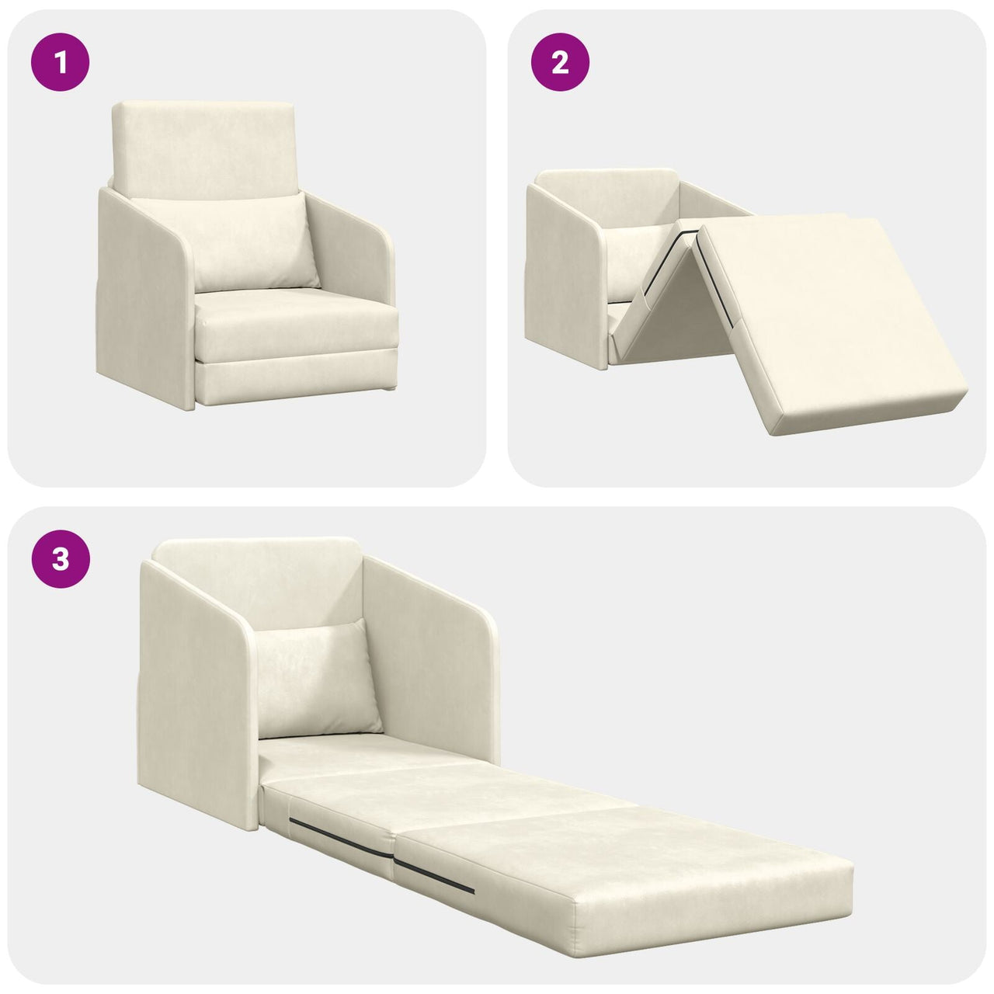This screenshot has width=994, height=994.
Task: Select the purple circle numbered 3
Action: tap(61, 558)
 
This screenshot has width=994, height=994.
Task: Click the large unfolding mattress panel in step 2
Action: tap(831, 318)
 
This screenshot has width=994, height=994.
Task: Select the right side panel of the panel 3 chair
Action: tap(427, 652)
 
